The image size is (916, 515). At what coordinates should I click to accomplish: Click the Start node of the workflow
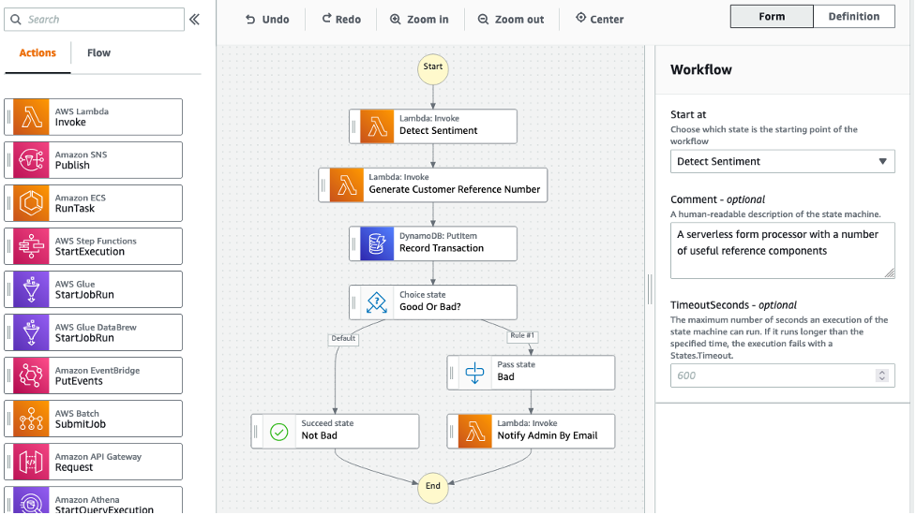[433, 67]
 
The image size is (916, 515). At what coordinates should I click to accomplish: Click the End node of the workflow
[433, 486]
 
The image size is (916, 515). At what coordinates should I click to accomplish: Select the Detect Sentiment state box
[433, 125]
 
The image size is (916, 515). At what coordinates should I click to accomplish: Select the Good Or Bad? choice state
[433, 302]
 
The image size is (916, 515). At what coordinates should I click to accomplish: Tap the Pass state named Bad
[532, 372]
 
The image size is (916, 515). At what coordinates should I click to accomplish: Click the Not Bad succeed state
[336, 431]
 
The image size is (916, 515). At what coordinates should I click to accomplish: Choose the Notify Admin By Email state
[532, 431]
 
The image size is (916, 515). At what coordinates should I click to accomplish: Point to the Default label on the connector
[342, 338]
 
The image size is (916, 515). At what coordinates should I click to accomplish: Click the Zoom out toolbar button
[510, 19]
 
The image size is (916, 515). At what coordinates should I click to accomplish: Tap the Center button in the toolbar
[599, 19]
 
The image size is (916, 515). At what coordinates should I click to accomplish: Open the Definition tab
[853, 17]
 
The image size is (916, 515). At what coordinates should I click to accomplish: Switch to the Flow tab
[98, 53]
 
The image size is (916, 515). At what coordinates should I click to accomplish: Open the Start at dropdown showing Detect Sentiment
[782, 161]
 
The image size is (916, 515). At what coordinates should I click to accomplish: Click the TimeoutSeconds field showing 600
[773, 375]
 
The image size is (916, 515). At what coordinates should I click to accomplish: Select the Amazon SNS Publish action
[94, 160]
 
